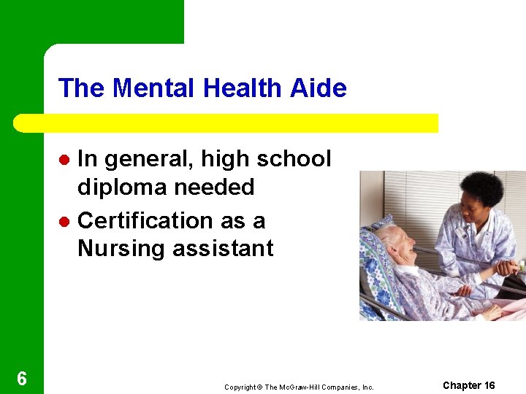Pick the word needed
click(x=213, y=188)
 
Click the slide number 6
click(x=22, y=379)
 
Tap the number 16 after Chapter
click(x=489, y=385)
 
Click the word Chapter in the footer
click(x=462, y=385)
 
